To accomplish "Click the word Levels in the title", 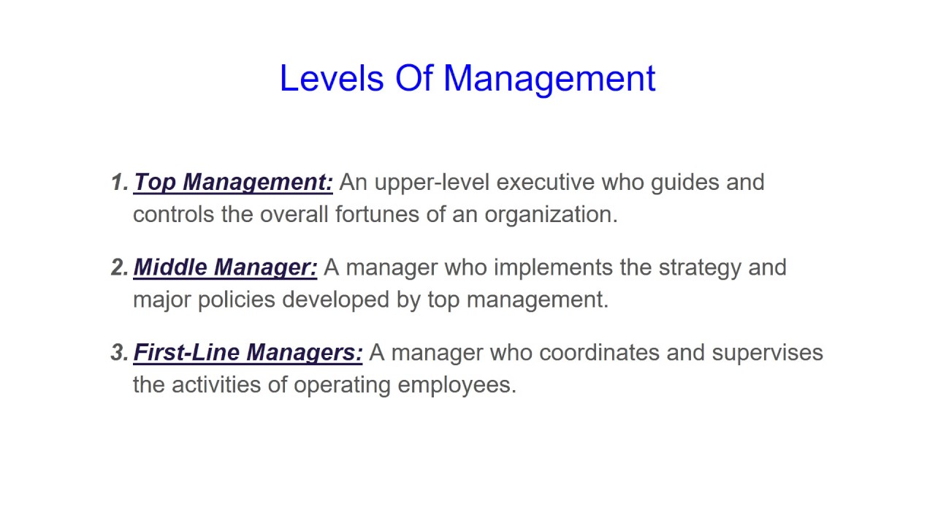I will [x=331, y=79].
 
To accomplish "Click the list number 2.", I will [x=118, y=267].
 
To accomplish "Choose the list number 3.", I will [x=118, y=353].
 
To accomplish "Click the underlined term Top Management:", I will [x=233, y=183].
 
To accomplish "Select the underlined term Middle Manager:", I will [x=225, y=267].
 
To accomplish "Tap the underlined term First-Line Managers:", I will [x=248, y=353].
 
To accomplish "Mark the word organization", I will [x=551, y=215].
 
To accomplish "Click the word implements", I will [x=553, y=267].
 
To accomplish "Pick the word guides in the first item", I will [x=684, y=183].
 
